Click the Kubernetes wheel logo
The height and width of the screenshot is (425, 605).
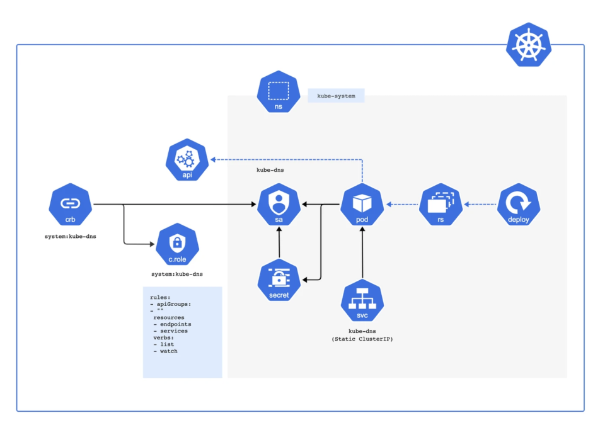528,45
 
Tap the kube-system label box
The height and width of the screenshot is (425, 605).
337,96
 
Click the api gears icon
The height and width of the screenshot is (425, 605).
187,160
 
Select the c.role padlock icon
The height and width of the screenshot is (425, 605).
177,244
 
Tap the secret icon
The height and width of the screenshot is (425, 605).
278,280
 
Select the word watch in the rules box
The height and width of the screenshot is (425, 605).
169,351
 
